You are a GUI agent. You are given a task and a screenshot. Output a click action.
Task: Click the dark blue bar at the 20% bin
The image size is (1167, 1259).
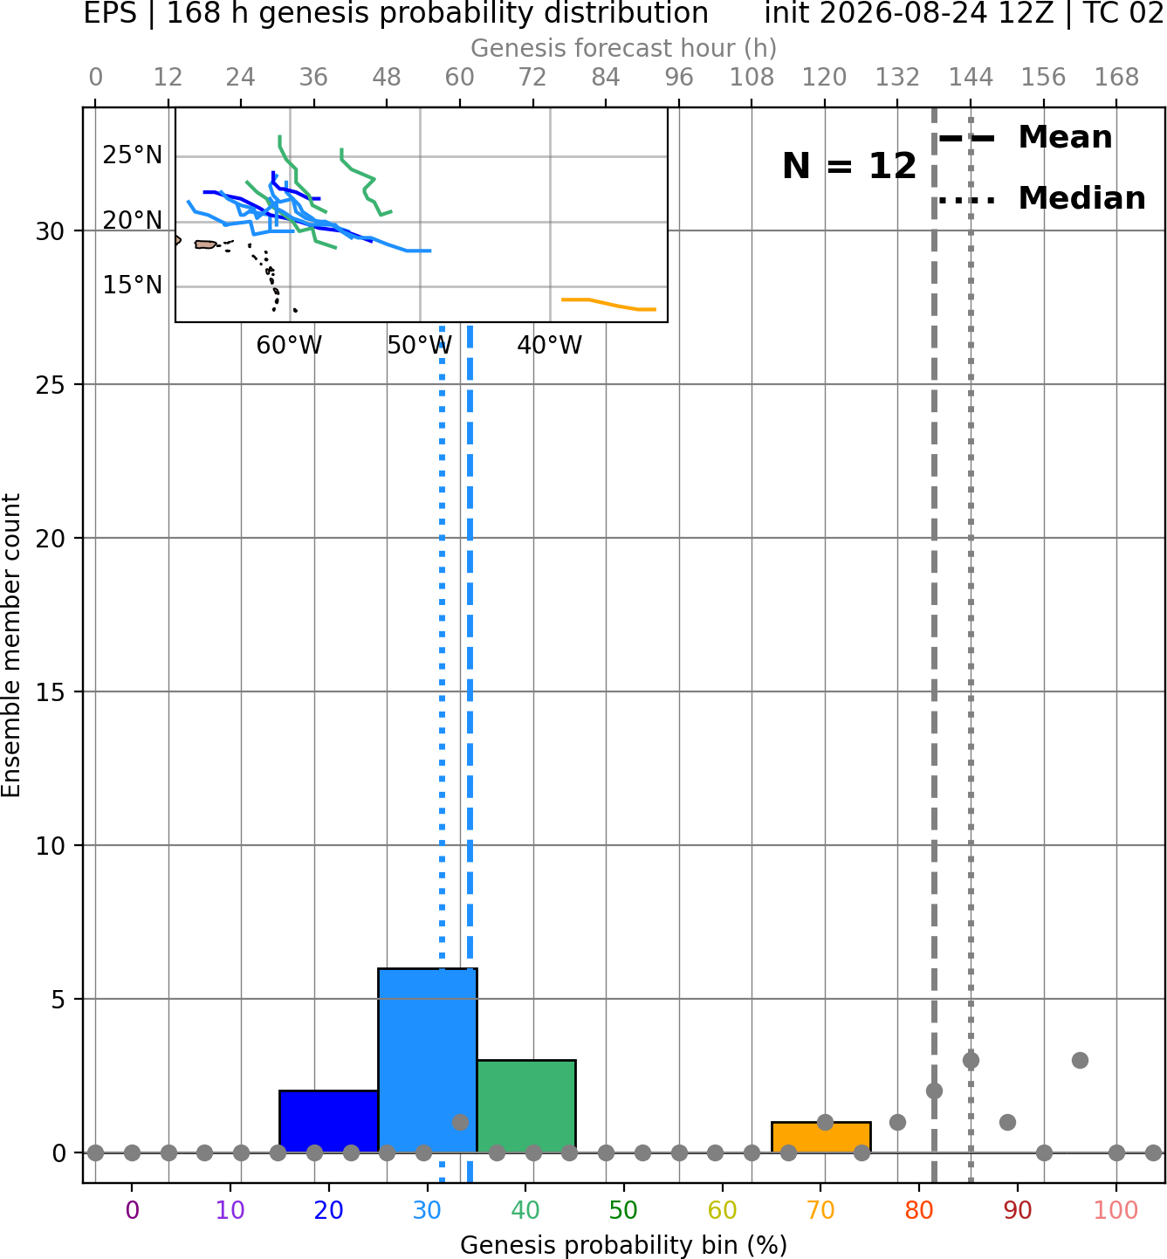pyautogui.click(x=329, y=1121)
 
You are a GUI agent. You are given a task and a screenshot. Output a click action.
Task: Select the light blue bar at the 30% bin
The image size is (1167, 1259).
pyautogui.click(x=428, y=1060)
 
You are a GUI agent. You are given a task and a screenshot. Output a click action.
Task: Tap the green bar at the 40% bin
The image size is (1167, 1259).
pyautogui.click(x=526, y=1105)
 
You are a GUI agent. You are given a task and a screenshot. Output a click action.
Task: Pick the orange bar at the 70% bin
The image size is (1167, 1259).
pyautogui.click(x=821, y=1137)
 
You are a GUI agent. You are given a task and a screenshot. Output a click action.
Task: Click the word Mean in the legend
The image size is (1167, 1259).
pyautogui.click(x=1065, y=138)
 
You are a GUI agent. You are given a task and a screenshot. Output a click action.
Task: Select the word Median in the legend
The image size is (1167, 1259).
pyautogui.click(x=1082, y=198)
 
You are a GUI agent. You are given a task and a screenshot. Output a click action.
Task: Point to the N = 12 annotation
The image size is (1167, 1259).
pyautogui.click(x=849, y=166)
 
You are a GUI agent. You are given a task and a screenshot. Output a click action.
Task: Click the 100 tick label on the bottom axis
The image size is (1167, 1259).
pyautogui.click(x=1116, y=1210)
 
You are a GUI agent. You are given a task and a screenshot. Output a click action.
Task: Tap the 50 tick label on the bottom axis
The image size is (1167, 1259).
pyautogui.click(x=624, y=1210)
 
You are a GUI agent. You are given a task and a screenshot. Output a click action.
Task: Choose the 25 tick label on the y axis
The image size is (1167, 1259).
pyautogui.click(x=51, y=385)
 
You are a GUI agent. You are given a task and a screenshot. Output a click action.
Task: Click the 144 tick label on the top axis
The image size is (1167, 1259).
pyautogui.click(x=971, y=78)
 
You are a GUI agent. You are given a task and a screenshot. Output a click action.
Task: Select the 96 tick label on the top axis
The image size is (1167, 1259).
pyautogui.click(x=679, y=78)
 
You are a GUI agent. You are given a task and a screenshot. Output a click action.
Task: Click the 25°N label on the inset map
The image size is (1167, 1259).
pyautogui.click(x=133, y=155)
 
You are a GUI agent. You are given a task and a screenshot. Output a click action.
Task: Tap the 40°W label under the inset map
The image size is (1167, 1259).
pyautogui.click(x=550, y=346)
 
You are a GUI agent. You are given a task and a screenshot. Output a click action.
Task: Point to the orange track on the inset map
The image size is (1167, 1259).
pyautogui.click(x=608, y=305)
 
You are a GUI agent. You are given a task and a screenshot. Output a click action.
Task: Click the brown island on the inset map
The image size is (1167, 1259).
pyautogui.click(x=206, y=244)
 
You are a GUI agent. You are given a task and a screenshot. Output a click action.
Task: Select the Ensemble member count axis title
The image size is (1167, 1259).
pyautogui.click(x=11, y=645)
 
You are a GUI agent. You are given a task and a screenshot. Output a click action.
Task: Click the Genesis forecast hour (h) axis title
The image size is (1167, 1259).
pyautogui.click(x=624, y=48)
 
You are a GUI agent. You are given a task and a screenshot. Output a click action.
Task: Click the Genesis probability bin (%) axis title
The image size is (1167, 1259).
pyautogui.click(x=624, y=1246)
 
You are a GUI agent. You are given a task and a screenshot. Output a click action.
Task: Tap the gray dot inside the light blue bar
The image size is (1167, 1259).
pyautogui.click(x=461, y=1122)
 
